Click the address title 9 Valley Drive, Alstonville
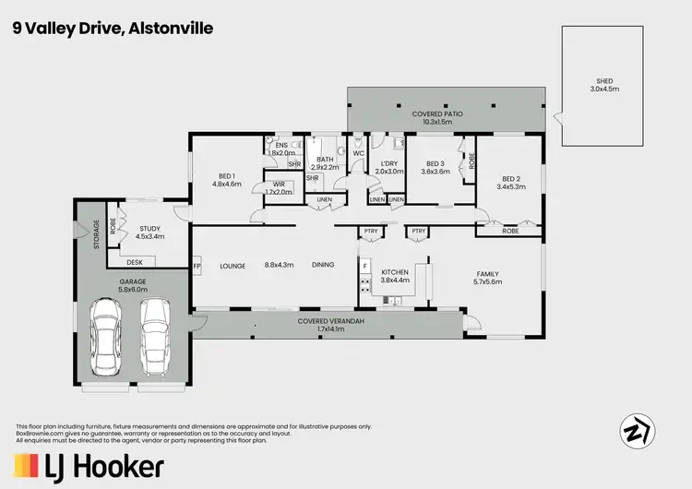coord(113,29)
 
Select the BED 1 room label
coord(226,179)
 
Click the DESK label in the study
coord(135,262)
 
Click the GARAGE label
coord(133,282)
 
